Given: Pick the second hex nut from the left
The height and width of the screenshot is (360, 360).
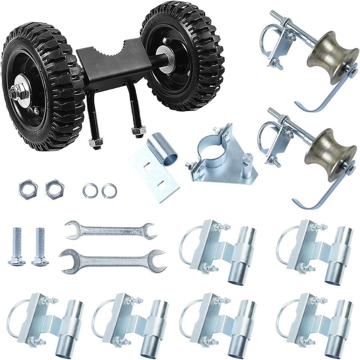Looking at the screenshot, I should click(54, 189).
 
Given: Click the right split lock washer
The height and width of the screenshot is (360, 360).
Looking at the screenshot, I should click(109, 191).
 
